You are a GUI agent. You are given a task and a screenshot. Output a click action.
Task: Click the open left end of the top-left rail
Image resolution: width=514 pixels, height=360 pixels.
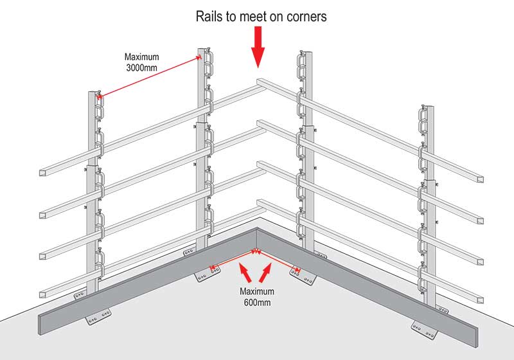pyautogui.click(x=44, y=174)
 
